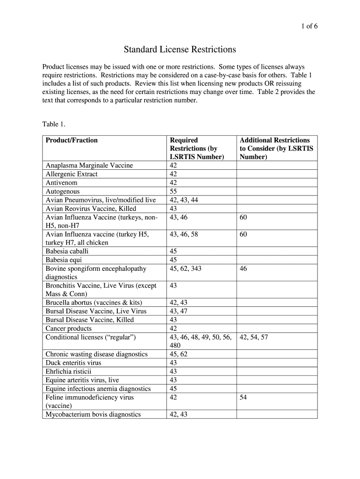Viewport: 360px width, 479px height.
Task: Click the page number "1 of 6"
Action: [x=309, y=26]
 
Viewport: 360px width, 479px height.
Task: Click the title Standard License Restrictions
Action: [x=180, y=49]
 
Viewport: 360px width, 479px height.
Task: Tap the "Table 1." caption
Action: [x=54, y=124]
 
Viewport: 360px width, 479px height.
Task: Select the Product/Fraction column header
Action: [x=72, y=140]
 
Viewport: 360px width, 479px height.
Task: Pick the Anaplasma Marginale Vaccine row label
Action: [x=89, y=165]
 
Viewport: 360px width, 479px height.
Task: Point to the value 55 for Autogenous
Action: [x=173, y=191]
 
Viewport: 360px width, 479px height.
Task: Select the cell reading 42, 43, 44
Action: [x=184, y=200]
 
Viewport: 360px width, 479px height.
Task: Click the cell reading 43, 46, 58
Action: [x=184, y=234]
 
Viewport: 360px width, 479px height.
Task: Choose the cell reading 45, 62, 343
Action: [x=186, y=269]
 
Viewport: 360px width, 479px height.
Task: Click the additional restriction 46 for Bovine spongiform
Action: [x=244, y=269]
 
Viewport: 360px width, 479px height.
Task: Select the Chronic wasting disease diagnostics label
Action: [x=97, y=354]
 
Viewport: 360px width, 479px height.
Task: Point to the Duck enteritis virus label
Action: [x=73, y=363]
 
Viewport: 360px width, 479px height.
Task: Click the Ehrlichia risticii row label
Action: [x=69, y=371]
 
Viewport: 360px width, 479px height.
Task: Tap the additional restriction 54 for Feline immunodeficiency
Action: [x=244, y=397]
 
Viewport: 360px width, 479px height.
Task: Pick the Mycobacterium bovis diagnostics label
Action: [x=93, y=414]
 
